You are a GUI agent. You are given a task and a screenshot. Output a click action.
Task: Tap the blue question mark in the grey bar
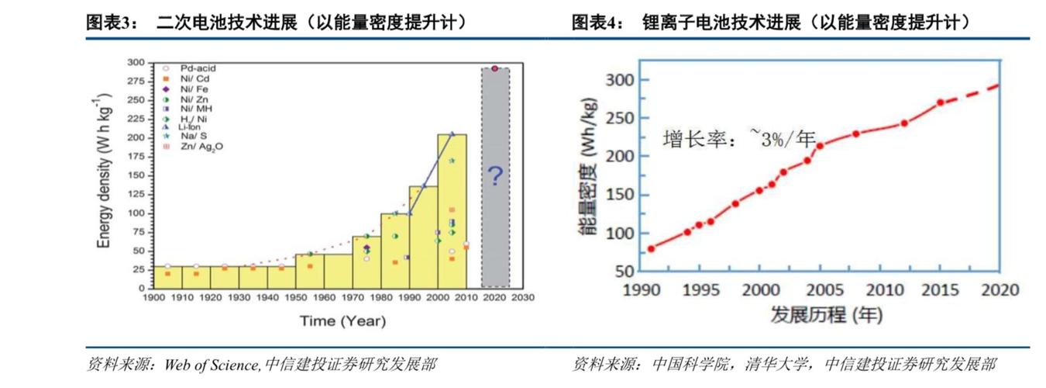[495, 177]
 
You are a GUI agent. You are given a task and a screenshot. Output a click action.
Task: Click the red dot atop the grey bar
[494, 68]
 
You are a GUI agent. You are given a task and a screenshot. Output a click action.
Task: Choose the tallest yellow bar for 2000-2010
[452, 210]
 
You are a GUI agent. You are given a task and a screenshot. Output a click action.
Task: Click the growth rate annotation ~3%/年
[740, 139]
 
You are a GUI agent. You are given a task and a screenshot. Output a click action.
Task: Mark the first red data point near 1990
[651, 249]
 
